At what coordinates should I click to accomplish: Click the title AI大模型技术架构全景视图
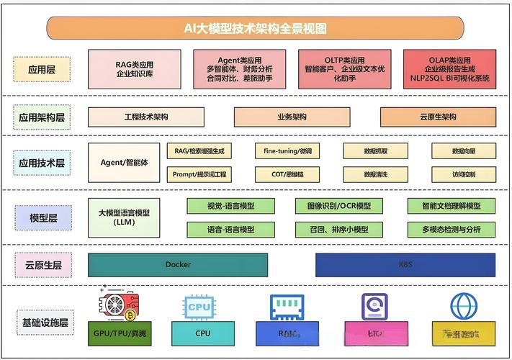[x=255, y=28]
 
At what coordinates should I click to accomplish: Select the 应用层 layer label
[x=41, y=69]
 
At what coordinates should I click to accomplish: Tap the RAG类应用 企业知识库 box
[x=134, y=68]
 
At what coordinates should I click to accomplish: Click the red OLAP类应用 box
[x=450, y=68]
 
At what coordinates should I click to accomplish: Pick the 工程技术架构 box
[x=146, y=117]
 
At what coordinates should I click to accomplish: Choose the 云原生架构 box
[x=437, y=117]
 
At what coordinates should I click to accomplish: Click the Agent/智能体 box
[x=124, y=162]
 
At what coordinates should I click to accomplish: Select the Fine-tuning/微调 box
[x=287, y=150]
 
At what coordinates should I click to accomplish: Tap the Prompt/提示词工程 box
[x=199, y=174]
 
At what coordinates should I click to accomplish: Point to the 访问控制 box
[x=464, y=174]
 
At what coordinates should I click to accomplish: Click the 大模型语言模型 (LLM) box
[x=124, y=217]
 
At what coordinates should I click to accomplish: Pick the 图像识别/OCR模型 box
[x=333, y=206]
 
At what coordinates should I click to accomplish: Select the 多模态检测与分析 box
[x=452, y=230]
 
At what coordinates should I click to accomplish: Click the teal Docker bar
[x=178, y=264]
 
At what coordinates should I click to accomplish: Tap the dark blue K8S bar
[x=405, y=264]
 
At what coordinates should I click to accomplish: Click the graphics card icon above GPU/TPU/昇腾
[x=120, y=305]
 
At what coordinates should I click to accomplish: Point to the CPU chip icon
[x=199, y=307]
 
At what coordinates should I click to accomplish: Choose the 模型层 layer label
[x=41, y=217]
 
